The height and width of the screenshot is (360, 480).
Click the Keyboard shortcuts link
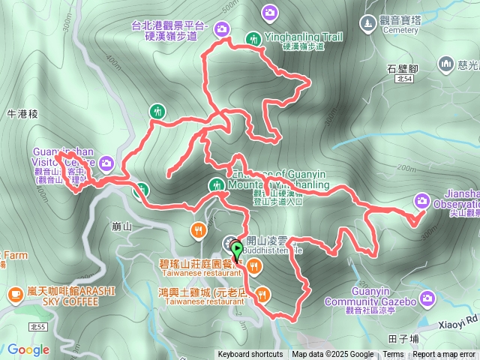coord(250,355)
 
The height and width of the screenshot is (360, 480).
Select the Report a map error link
coord(444,355)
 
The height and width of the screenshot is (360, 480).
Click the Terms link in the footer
coord(393,355)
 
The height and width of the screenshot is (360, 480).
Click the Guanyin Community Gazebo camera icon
coord(427,300)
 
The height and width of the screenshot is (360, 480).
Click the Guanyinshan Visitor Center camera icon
coord(106,163)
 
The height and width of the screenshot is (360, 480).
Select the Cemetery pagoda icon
coord(367,25)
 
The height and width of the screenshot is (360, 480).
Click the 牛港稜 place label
coord(22,115)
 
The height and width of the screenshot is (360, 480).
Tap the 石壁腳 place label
coord(402,68)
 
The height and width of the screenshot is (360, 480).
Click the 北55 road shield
coord(37,327)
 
